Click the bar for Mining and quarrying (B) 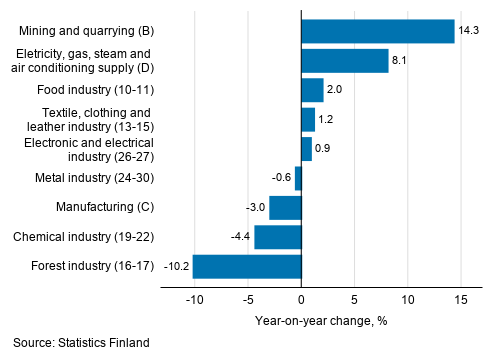click(378, 31)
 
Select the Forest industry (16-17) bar click(247, 266)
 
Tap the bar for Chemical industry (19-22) click(278, 237)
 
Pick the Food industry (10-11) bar click(312, 90)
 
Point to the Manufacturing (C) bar click(285, 207)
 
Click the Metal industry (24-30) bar click(298, 178)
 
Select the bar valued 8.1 click(345, 61)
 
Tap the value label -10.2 click(176, 266)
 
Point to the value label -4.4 click(241, 237)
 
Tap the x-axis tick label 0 click(301, 299)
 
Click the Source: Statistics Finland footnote click(82, 343)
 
